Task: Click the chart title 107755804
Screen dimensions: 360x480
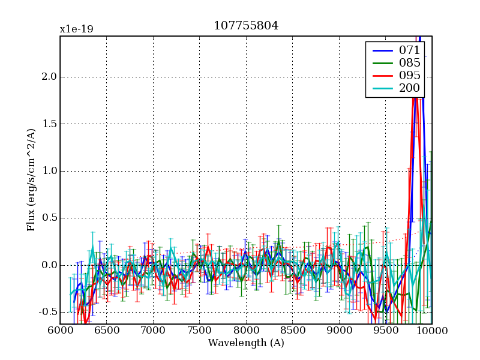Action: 246,26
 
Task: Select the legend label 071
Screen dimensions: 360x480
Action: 409,50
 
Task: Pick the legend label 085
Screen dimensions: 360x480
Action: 409,62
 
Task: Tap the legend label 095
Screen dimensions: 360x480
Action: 409,75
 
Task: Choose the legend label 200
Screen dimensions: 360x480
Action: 409,88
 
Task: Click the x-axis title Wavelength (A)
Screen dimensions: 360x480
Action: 246,343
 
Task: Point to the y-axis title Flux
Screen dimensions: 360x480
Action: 31,180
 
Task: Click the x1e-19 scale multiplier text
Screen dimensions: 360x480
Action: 76,29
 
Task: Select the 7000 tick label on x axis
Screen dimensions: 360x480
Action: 153,331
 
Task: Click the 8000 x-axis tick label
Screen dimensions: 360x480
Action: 246,331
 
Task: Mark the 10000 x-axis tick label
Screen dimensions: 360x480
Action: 431,331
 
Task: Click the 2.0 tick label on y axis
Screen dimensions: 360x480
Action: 49,77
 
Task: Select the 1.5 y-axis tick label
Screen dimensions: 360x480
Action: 49,124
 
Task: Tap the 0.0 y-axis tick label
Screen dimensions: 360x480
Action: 49,265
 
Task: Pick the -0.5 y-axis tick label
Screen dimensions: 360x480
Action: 48,312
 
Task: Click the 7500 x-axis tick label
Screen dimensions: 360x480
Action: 199,331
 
